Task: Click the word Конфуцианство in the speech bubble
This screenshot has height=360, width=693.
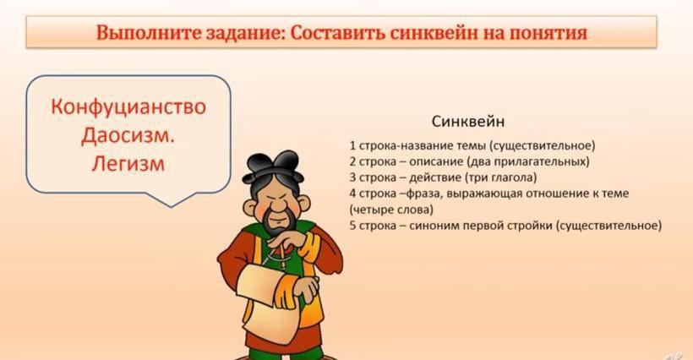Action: coord(128,107)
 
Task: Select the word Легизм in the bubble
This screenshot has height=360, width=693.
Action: coord(128,163)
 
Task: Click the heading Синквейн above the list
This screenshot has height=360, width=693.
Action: coord(467,122)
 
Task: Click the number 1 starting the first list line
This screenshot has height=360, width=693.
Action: coord(352,145)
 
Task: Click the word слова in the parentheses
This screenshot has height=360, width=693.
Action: coord(415,210)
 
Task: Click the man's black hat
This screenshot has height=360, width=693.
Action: coord(273,166)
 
